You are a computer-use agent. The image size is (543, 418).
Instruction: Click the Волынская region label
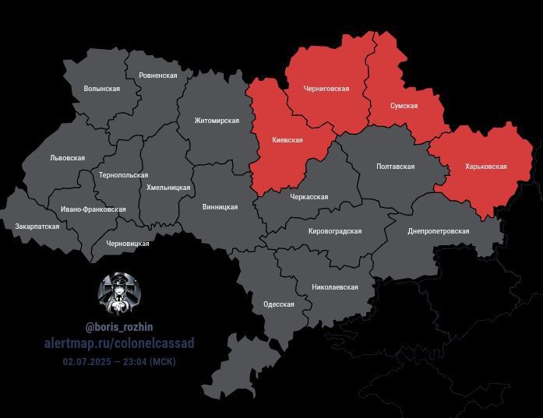click(101, 89)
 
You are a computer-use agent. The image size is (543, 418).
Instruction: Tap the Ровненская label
click(158, 76)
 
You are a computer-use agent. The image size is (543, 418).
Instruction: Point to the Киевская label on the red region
click(287, 140)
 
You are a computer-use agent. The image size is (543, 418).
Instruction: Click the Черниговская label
click(326, 89)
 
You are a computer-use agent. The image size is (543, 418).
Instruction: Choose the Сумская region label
click(404, 106)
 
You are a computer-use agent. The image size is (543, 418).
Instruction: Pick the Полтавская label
click(395, 167)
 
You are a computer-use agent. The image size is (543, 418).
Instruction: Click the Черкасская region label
click(309, 197)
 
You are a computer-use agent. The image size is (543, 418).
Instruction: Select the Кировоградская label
click(335, 231)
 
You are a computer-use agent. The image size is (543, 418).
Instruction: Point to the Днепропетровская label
click(438, 231)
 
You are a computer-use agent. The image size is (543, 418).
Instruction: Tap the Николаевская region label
click(334, 287)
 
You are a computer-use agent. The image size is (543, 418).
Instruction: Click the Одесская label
click(279, 304)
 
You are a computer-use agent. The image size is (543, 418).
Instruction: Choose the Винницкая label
click(220, 207)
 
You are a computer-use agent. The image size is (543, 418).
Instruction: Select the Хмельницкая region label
click(168, 188)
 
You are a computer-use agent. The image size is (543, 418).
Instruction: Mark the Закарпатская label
click(37, 226)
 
